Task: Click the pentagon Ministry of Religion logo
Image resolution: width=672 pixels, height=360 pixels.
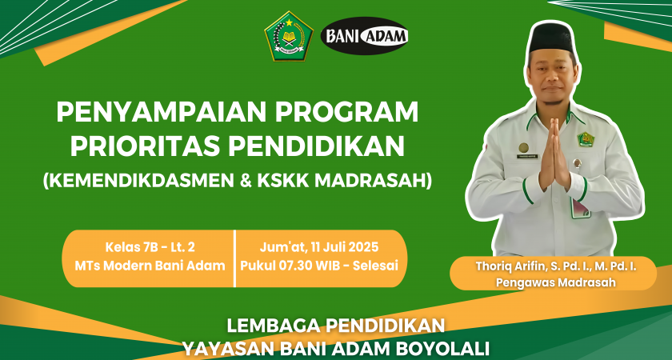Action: click(289, 37)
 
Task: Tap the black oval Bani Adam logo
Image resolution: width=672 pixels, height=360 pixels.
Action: click(364, 36)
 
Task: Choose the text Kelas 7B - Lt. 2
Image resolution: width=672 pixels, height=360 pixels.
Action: click(150, 247)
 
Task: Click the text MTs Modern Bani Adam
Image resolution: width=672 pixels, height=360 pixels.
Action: click(150, 266)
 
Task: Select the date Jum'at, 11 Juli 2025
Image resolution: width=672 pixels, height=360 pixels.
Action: click(319, 247)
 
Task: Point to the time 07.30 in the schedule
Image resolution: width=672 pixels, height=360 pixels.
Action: click(296, 266)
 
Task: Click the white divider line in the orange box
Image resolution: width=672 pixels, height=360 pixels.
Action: click(235, 258)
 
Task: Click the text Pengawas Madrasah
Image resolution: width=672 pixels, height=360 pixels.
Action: click(555, 282)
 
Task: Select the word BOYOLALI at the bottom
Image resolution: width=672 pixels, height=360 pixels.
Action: click(445, 347)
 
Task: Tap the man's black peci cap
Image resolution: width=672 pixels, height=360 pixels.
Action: click(551, 38)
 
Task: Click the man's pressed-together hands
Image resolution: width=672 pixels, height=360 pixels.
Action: click(554, 154)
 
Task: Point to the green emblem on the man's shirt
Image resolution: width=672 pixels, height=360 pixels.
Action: click(586, 139)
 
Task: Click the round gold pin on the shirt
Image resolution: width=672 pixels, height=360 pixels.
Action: click(523, 148)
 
